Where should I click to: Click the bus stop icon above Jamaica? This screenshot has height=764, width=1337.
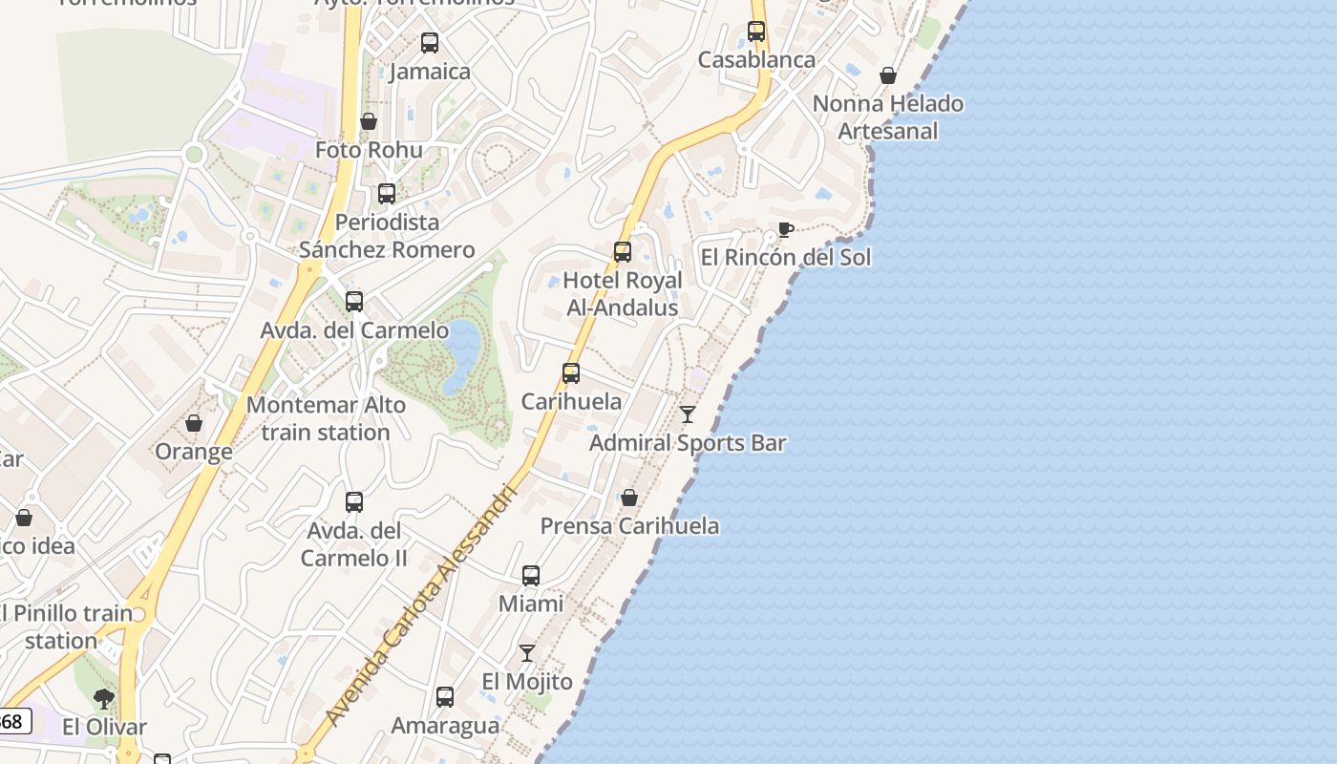coord(430,43)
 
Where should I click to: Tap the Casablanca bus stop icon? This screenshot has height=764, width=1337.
coord(756,32)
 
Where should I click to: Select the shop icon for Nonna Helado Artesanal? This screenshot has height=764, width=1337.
coord(888,75)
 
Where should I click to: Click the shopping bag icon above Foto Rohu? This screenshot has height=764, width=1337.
coord(369,121)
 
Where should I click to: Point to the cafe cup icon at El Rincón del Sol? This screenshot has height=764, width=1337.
coord(785,229)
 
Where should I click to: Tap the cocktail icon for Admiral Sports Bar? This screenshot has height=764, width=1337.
coord(688,414)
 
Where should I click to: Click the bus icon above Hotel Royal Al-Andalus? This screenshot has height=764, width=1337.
coord(623,252)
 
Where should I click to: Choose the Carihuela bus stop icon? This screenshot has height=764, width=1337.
coord(571,373)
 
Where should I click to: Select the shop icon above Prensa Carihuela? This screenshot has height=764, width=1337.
coord(629,498)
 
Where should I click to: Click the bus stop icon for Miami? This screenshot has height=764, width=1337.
coord(531,576)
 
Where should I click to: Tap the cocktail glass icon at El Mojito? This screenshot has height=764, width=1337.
coord(527,653)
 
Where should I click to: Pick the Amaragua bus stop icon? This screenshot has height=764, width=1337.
coord(445,697)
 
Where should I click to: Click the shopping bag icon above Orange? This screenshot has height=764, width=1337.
coord(194,423)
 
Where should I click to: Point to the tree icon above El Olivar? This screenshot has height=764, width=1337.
coord(104,699)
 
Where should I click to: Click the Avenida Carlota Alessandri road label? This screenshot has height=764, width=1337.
coord(420,606)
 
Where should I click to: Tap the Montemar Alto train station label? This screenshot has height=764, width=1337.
coord(326,418)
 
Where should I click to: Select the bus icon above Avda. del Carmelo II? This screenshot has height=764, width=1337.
coord(354,502)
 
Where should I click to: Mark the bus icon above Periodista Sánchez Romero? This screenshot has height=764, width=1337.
coord(387,194)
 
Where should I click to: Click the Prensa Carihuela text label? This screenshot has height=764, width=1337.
coord(629,526)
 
